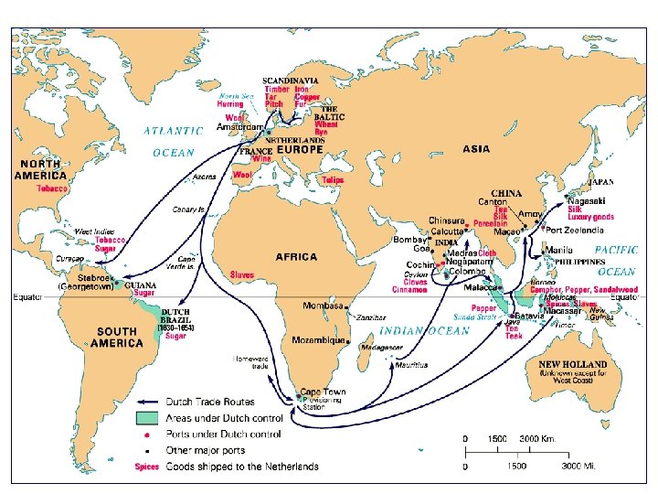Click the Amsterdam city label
(240, 127)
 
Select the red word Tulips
(332, 180)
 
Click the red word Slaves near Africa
(242, 274)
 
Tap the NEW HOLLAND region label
(572, 364)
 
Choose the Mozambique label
(318, 340)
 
